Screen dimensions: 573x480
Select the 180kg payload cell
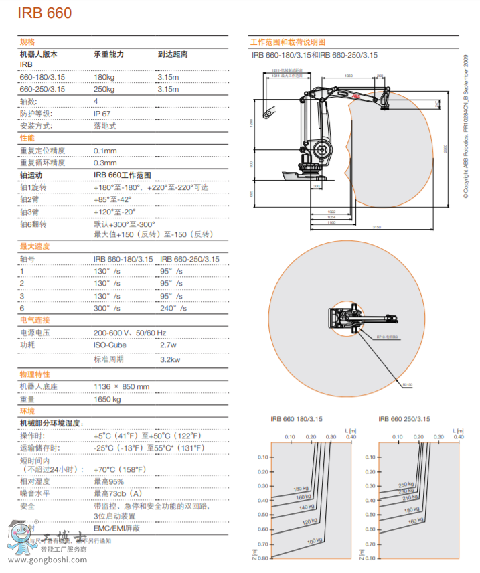tap(104, 77)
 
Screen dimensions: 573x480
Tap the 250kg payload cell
tap(104, 89)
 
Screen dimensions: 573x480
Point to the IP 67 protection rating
tap(102, 113)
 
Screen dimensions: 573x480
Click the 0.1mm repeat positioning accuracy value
tap(105, 151)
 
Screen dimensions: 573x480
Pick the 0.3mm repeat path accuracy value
tap(105, 163)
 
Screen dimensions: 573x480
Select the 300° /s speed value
tap(107, 308)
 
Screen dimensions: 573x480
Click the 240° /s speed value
tap(172, 308)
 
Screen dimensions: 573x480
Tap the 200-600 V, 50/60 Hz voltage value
tap(130, 333)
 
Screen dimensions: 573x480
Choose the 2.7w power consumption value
tap(168, 345)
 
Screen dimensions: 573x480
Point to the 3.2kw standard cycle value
tap(170, 359)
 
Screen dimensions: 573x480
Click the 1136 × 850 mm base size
tap(122, 386)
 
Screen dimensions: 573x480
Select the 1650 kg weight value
tap(107, 399)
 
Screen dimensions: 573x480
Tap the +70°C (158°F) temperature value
tap(120, 469)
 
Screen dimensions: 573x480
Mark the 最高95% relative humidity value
tap(108, 481)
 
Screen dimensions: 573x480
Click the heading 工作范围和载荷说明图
tap(287, 42)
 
